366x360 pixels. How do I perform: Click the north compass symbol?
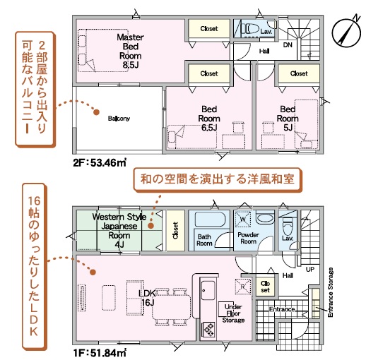pyautogui.click(x=346, y=31)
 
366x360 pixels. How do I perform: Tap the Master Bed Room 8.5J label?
pyautogui.click(x=130, y=51)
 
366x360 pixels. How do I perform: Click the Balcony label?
pyautogui.click(x=119, y=118)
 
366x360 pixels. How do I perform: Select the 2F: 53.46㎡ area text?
pyautogui.click(x=100, y=162)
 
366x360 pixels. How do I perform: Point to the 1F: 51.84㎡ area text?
pyautogui.click(x=100, y=353)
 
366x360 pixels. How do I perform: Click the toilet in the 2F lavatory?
pyautogui.click(x=252, y=30)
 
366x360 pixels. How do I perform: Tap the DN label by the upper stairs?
pyautogui.click(x=288, y=45)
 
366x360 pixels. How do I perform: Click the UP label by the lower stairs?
pyautogui.click(x=310, y=269)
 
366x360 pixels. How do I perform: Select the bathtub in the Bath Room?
pyautogui.click(x=210, y=219)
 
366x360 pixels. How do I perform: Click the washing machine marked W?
pyautogui.click(x=243, y=220)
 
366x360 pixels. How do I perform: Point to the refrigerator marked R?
pyautogui.click(x=243, y=287)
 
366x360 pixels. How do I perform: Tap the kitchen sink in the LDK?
pyautogui.click(x=208, y=290)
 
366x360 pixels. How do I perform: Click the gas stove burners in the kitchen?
pyautogui.click(x=208, y=330)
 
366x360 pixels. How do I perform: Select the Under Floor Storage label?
pyautogui.click(x=233, y=313)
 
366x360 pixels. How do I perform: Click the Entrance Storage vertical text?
pyautogui.click(x=331, y=292)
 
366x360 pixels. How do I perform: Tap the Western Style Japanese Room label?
pyautogui.click(x=119, y=231)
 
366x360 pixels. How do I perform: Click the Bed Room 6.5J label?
pyautogui.click(x=209, y=119)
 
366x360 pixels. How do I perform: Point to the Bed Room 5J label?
pyautogui.click(x=288, y=119)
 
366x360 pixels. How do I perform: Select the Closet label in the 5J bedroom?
pyautogui.click(x=299, y=73)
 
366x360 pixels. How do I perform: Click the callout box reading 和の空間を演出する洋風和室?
pyautogui.click(x=218, y=179)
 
